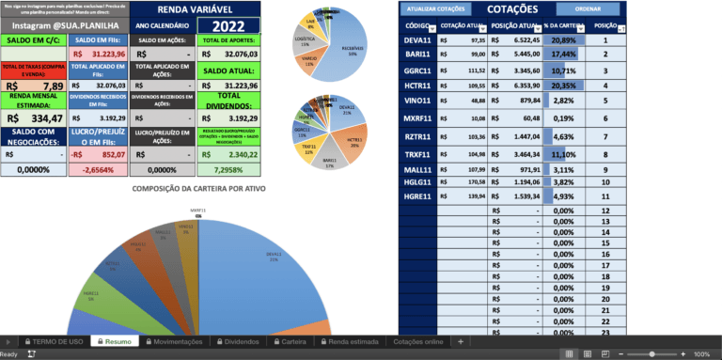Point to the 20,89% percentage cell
(564, 41)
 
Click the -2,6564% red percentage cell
(98, 169)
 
